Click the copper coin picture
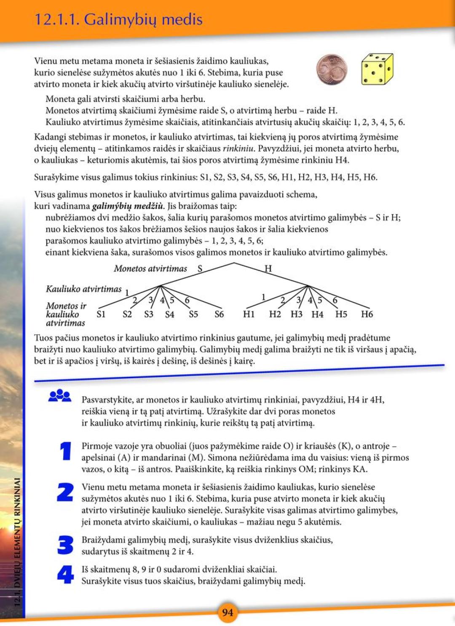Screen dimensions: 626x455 [332, 70]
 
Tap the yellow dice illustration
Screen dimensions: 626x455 [377, 69]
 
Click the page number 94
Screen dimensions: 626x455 [227, 612]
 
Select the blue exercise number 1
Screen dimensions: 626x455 [65, 451]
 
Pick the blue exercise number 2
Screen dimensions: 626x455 [65, 492]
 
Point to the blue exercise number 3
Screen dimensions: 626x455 [65, 545]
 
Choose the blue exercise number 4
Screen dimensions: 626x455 [65, 574]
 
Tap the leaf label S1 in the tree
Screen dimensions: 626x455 [101, 314]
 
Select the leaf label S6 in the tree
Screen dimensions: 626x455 [219, 314]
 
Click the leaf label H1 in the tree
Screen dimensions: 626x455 [249, 314]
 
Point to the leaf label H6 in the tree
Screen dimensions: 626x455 [367, 314]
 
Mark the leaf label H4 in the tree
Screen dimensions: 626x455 [317, 314]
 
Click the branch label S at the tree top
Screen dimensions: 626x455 [200, 269]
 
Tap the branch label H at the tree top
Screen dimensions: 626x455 [268, 269]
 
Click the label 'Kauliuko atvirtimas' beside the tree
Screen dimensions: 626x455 [83, 289]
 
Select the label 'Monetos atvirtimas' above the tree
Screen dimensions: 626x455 [150, 269]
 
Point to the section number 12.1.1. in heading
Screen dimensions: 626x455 [56, 19]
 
